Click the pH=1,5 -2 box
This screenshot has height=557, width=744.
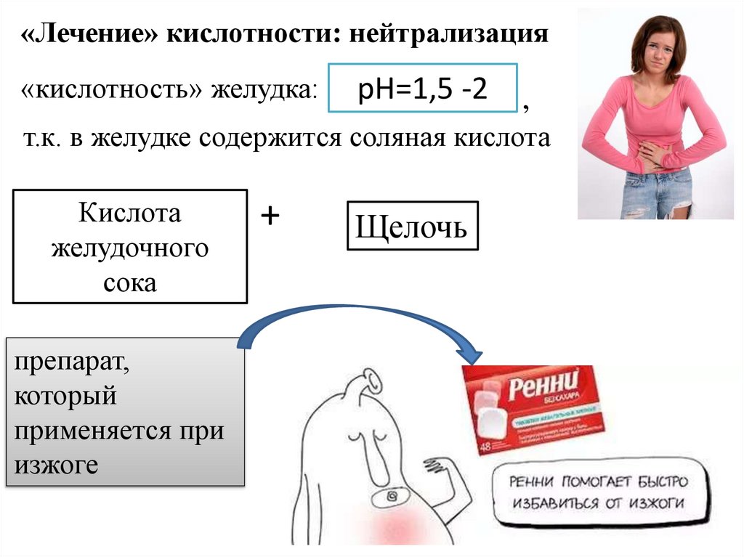(423, 88)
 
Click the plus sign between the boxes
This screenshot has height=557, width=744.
(270, 216)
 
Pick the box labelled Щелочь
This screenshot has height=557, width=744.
(411, 226)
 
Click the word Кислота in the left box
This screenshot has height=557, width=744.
(129, 214)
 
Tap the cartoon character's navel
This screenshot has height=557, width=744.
(392, 497)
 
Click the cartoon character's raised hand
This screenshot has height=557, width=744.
(439, 465)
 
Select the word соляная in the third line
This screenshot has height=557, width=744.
(395, 138)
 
